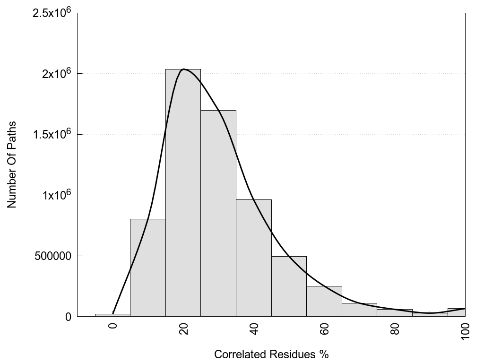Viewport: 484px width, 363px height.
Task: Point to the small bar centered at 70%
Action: [x=359, y=310]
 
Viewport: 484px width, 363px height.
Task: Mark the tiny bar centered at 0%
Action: [x=112, y=315]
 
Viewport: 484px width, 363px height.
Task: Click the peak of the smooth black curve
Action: [x=183, y=69]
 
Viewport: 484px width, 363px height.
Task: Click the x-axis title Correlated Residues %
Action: [x=271, y=354]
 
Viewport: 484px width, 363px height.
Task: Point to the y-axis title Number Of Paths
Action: [x=12, y=164]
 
